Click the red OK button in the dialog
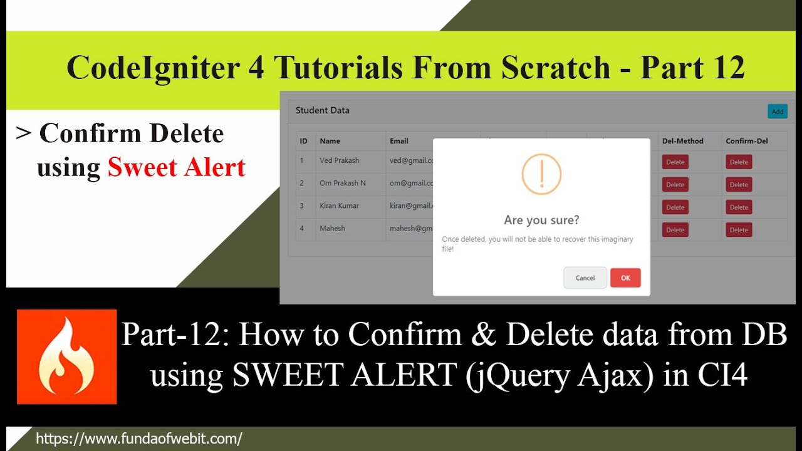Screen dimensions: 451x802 pos(625,278)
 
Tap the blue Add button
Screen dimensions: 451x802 pos(777,111)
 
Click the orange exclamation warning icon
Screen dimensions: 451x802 pos(541,174)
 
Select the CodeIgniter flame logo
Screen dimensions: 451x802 pos(66,356)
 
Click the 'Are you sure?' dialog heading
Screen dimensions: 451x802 pos(541,220)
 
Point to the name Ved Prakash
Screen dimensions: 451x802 pos(339,160)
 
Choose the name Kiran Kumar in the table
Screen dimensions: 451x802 pos(339,205)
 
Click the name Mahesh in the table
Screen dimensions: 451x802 pos(332,228)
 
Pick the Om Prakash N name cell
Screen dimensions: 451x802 pos(342,183)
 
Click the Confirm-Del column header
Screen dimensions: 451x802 pos(747,141)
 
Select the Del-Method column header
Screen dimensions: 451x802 pos(682,141)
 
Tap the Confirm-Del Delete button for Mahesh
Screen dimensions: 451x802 pos(739,230)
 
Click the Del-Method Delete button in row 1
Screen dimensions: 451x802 pos(675,162)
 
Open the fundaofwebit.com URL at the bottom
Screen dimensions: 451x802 pos(138,438)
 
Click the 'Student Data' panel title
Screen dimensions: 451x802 pos(322,110)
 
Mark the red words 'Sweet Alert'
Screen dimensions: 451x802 pos(176,167)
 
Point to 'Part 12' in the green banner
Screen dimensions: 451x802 pos(692,67)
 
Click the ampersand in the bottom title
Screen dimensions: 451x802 pos(482,334)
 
